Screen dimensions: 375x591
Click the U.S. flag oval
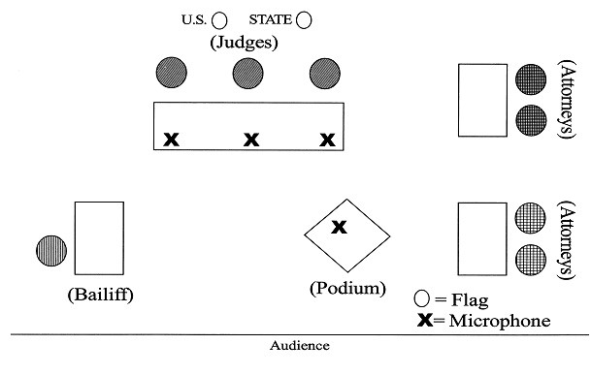[x=220, y=18]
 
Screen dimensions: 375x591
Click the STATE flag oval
[x=305, y=18]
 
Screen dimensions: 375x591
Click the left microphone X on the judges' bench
[x=171, y=140]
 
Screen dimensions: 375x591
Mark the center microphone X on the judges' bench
[x=250, y=140]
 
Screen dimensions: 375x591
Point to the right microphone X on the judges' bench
[x=327, y=140]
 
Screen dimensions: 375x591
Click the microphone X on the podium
[x=339, y=228]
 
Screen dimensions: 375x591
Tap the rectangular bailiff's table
[x=99, y=238]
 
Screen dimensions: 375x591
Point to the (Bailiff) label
[x=100, y=294]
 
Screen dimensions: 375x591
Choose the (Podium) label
[x=347, y=288]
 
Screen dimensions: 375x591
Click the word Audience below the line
[x=299, y=345]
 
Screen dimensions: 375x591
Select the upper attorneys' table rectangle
[x=482, y=100]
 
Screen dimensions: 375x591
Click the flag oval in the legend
[x=421, y=298]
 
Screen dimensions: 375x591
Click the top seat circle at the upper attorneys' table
[x=531, y=78]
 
